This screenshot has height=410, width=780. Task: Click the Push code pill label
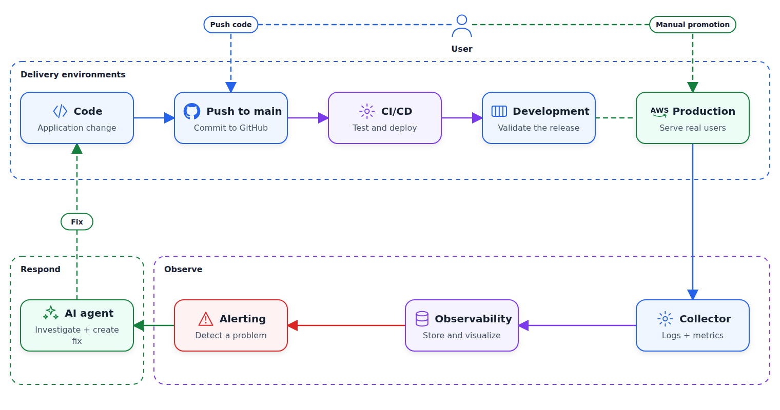click(x=231, y=25)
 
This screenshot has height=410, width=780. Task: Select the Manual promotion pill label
click(x=692, y=25)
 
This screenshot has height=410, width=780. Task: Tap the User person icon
click(x=462, y=26)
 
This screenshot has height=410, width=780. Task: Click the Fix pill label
click(x=77, y=222)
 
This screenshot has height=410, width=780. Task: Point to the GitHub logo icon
click(x=192, y=111)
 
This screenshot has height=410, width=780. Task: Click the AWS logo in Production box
click(x=659, y=112)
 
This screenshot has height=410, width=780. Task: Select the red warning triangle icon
click(x=205, y=319)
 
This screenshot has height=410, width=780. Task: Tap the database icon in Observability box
click(x=422, y=319)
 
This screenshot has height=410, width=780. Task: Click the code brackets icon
click(x=60, y=111)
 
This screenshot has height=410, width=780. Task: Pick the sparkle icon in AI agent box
click(x=51, y=313)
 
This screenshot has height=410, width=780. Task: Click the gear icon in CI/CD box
click(x=367, y=111)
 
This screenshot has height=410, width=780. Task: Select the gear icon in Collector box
click(x=665, y=319)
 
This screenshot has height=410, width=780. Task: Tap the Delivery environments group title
click(x=73, y=74)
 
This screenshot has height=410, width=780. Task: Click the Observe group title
click(x=183, y=269)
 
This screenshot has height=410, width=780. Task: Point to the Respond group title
click(x=41, y=269)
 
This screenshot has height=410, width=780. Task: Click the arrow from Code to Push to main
click(x=154, y=118)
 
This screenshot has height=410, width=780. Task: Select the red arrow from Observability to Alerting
click(x=346, y=325)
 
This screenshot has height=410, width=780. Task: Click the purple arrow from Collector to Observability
click(x=577, y=325)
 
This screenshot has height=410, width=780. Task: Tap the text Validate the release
click(x=539, y=128)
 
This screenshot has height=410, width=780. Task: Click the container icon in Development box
click(x=499, y=111)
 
